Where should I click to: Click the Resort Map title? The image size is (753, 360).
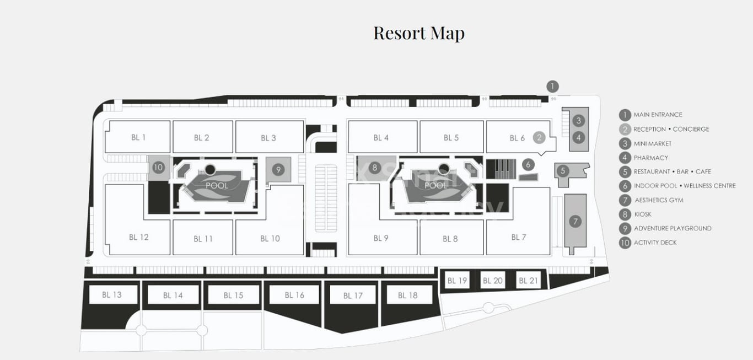(x=418, y=33)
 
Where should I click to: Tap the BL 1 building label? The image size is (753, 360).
(x=138, y=137)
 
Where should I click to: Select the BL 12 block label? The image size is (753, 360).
(x=139, y=237)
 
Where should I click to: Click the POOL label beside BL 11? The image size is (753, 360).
(x=217, y=186)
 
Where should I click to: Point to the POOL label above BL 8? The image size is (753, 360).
(x=435, y=186)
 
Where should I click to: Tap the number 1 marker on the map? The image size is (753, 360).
(x=553, y=87)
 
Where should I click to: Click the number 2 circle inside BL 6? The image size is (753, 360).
(x=539, y=138)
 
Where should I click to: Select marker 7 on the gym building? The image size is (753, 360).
(x=575, y=222)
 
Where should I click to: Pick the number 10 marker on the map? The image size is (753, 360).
(x=158, y=167)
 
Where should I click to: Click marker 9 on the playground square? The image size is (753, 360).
(x=278, y=169)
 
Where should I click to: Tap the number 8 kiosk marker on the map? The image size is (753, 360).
(x=374, y=167)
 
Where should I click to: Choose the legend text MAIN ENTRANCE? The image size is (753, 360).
(x=658, y=115)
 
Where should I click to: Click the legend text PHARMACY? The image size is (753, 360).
(x=650, y=158)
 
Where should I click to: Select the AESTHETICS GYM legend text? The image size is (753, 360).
(x=659, y=200)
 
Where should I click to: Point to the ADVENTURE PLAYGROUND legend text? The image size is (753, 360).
(x=673, y=228)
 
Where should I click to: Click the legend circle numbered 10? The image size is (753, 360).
(x=625, y=243)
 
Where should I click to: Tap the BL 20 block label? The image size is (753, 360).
(x=493, y=281)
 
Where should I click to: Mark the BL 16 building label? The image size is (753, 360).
(x=294, y=295)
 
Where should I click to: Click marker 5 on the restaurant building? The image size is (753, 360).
(x=563, y=171)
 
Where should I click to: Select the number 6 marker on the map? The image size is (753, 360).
(x=528, y=164)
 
